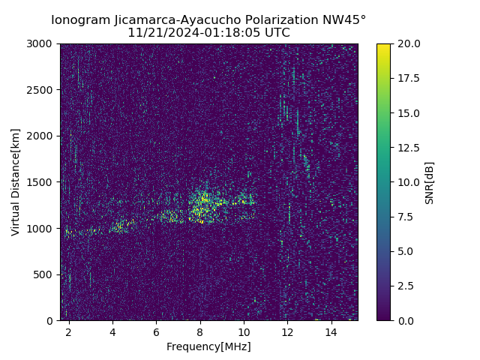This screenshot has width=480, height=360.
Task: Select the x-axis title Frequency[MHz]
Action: coord(208,346)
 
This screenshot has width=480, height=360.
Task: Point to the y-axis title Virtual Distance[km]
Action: coord(15,181)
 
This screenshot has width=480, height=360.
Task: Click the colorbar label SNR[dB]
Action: coord(430,182)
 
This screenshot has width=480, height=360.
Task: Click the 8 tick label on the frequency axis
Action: coord(200,331)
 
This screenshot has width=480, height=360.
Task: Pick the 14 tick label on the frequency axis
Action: coord(331,331)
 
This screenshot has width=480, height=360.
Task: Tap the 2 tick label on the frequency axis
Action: coord(69,331)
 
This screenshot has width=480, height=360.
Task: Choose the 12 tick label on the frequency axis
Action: coord(287,331)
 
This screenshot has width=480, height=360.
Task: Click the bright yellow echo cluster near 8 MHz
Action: coord(202,201)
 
